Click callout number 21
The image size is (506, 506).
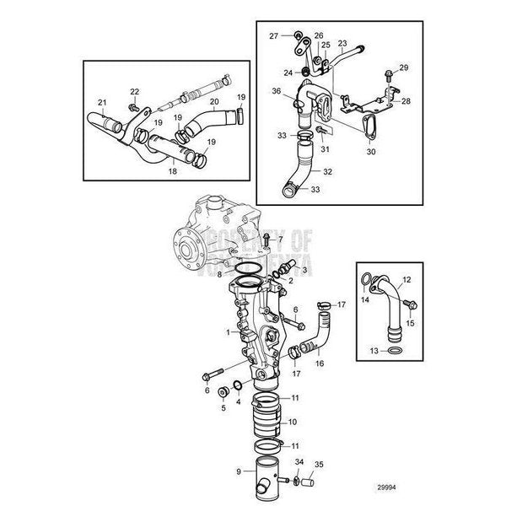[101, 103]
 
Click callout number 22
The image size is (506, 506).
[135, 91]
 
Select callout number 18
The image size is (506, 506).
[173, 170]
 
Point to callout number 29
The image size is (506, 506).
[403, 67]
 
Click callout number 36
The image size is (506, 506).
[276, 91]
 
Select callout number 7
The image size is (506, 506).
[281, 240]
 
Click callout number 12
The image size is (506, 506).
[405, 279]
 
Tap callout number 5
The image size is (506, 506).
[223, 407]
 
